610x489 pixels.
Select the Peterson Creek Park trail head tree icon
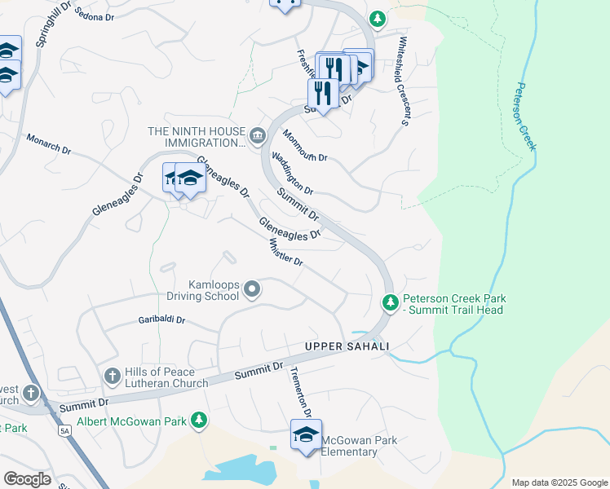click(x=391, y=303)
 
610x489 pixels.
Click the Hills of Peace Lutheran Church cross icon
click(x=113, y=376)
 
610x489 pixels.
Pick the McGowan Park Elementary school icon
click(x=306, y=435)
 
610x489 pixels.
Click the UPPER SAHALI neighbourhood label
click(x=347, y=346)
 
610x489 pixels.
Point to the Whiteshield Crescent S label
click(x=402, y=81)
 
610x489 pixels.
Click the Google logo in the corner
click(x=27, y=479)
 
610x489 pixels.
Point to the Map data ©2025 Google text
click(x=559, y=482)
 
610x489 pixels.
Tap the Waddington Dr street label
click(x=292, y=173)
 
